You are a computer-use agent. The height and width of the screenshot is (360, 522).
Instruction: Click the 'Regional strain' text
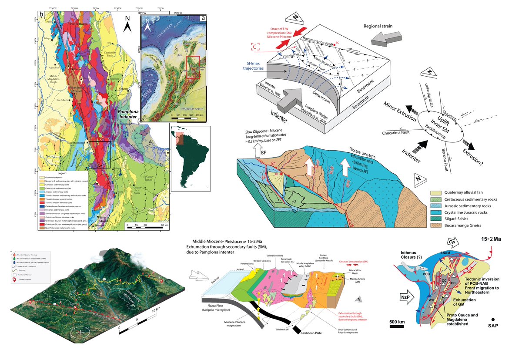378,26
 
